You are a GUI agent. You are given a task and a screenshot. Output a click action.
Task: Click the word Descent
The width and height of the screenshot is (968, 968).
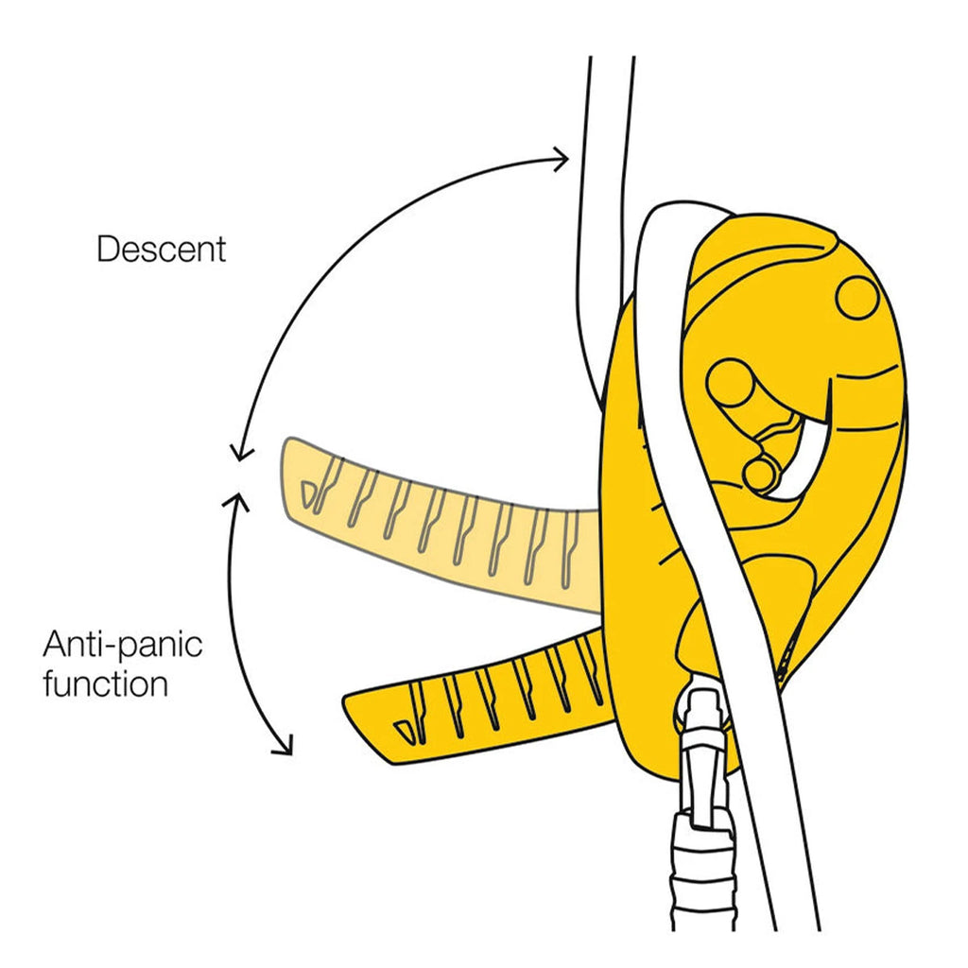click(162, 250)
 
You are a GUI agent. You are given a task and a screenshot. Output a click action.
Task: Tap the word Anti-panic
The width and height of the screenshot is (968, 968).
click(123, 648)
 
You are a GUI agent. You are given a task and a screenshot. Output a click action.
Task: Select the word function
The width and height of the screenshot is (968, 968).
click(105, 683)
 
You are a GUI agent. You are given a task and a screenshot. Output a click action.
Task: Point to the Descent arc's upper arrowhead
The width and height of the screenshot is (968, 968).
click(562, 158)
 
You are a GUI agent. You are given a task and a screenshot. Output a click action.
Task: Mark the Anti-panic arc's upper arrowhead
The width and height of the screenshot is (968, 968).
click(237, 498)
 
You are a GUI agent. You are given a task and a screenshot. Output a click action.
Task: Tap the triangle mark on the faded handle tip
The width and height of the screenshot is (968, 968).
click(308, 491)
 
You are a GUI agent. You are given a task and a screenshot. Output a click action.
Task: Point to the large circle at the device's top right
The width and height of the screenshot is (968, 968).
click(857, 298)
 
